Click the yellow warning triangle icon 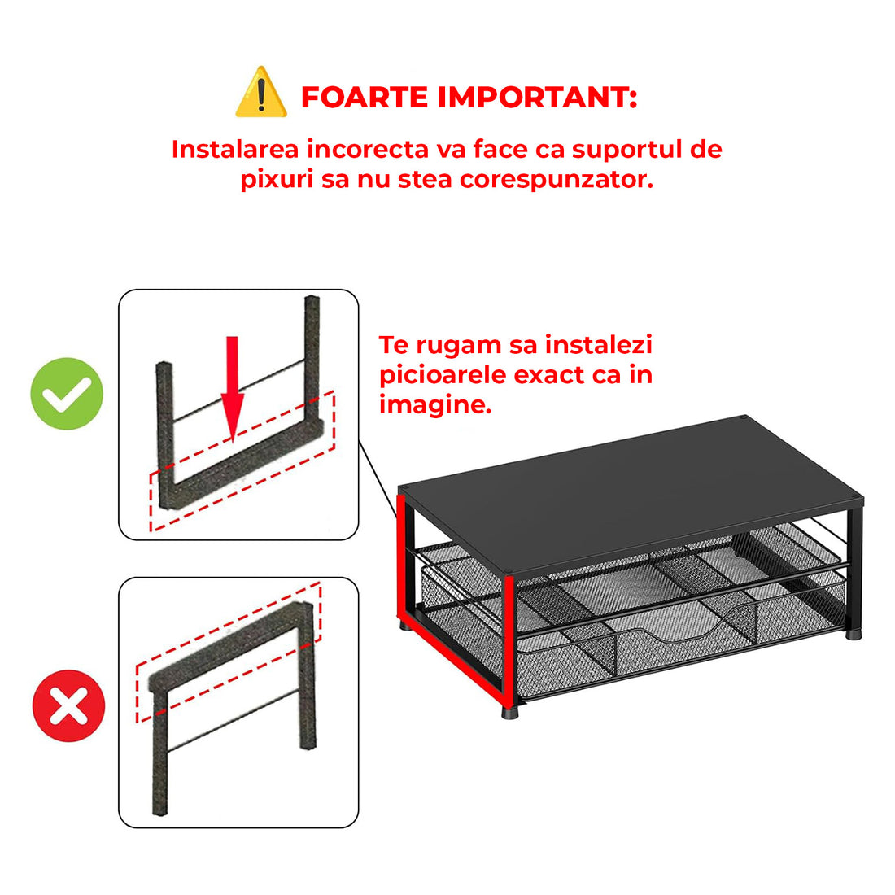pos(261,94)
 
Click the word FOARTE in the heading pos(365,97)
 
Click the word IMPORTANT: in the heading pos(537,97)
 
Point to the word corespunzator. pos(557,179)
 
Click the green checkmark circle pos(68,394)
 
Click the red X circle pos(68,706)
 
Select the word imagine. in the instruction pos(434,404)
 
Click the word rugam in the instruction pos(460,345)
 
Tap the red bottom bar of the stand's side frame pos(452,664)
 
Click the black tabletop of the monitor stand pos(635,488)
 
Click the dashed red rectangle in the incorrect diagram pos(228,651)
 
